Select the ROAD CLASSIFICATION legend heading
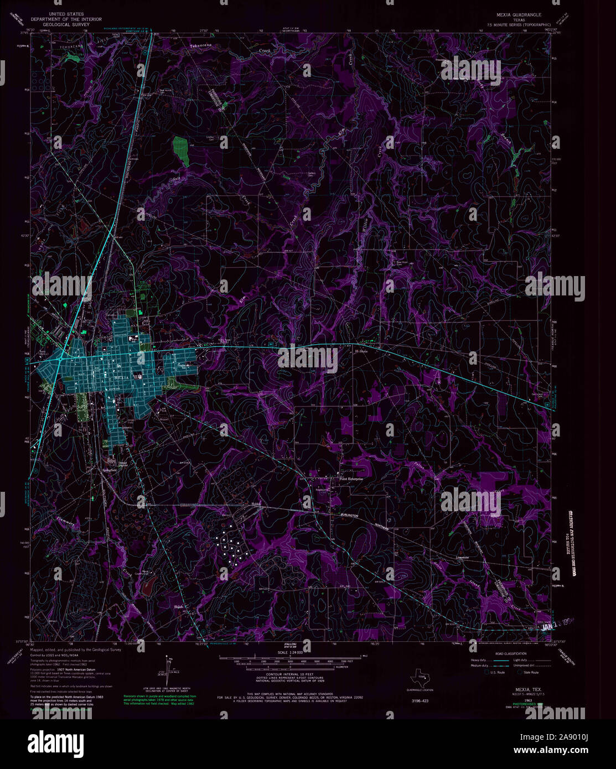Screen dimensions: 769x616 (x=505, y=653)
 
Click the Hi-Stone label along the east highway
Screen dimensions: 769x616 (x=361, y=351)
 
